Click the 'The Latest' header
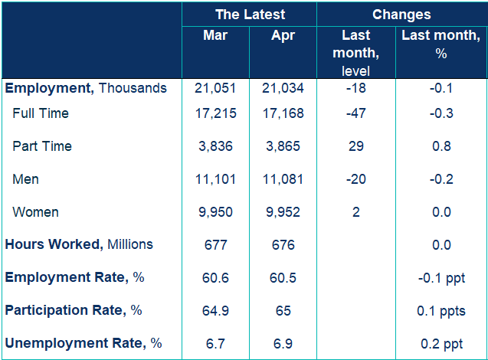[250, 15]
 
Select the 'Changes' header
[401, 15]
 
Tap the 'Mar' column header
[215, 34]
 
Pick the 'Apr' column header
[283, 35]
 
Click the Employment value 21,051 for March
[215, 88]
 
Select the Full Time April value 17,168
[283, 113]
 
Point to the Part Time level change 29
[356, 146]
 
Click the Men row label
[25, 179]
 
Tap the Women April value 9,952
[283, 212]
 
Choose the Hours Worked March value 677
[215, 245]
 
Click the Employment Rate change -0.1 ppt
[441, 278]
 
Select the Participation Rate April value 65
[283, 311]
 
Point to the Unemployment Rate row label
[84, 343]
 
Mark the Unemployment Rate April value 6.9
[283, 344]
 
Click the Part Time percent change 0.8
[441, 146]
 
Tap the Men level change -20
[356, 179]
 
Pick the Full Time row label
[41, 113]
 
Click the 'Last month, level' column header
[356, 53]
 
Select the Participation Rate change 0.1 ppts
[441, 311]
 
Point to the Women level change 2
[356, 212]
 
